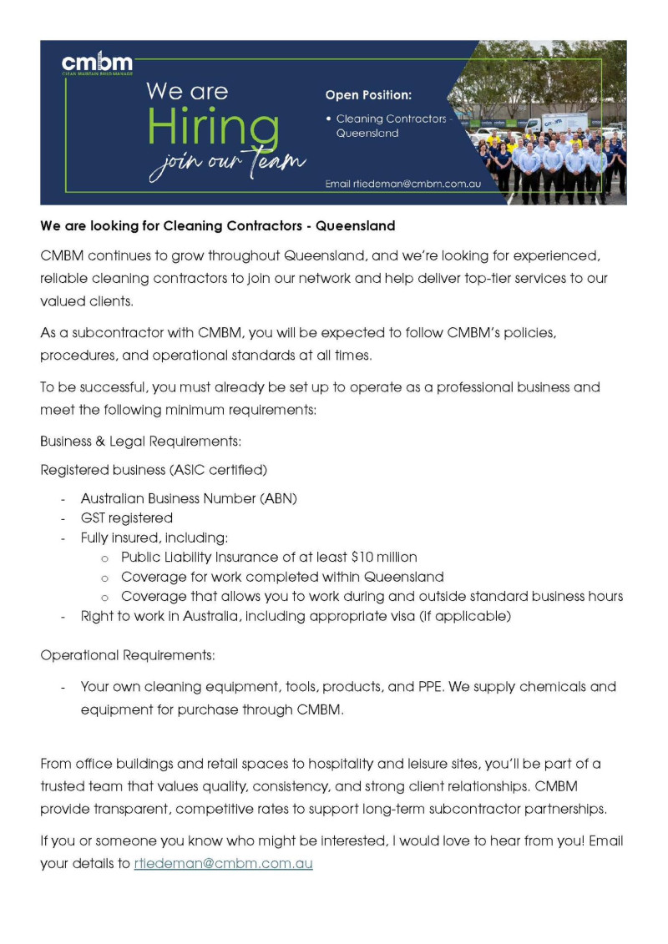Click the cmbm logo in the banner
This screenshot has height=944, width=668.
[97, 63]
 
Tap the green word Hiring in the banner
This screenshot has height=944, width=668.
[213, 128]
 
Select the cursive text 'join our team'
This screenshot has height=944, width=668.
[227, 163]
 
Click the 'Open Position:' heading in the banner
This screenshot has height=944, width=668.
[368, 94]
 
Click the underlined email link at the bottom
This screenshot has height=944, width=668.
[223, 864]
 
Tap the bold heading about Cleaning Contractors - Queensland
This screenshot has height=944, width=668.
[218, 226]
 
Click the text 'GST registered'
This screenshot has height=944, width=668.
[126, 518]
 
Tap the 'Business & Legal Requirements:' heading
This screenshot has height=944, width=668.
[140, 440]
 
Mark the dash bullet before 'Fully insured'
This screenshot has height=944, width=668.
[63, 538]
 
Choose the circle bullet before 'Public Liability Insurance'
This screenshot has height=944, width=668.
[104, 558]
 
